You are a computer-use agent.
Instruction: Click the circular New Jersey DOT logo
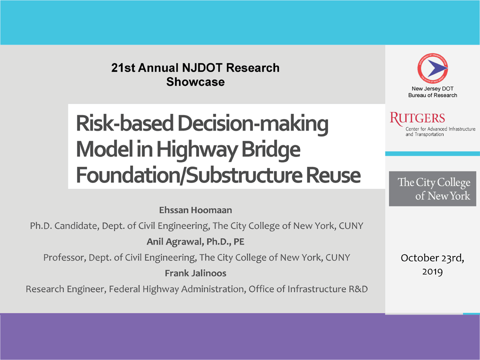[x=432, y=68]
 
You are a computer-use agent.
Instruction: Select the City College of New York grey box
[x=432, y=188]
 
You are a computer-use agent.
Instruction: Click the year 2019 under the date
[x=432, y=272]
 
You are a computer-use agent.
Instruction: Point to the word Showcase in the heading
[x=195, y=81]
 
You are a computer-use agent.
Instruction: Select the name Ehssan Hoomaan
[x=195, y=210]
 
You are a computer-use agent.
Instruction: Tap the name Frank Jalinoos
[x=195, y=273]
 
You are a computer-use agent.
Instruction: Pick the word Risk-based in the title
[x=125, y=123]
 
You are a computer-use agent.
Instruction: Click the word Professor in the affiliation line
[x=64, y=257]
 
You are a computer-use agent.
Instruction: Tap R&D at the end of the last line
[x=358, y=289]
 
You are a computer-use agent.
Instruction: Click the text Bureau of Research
[x=432, y=95]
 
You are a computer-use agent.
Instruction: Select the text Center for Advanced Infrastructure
[x=440, y=129]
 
